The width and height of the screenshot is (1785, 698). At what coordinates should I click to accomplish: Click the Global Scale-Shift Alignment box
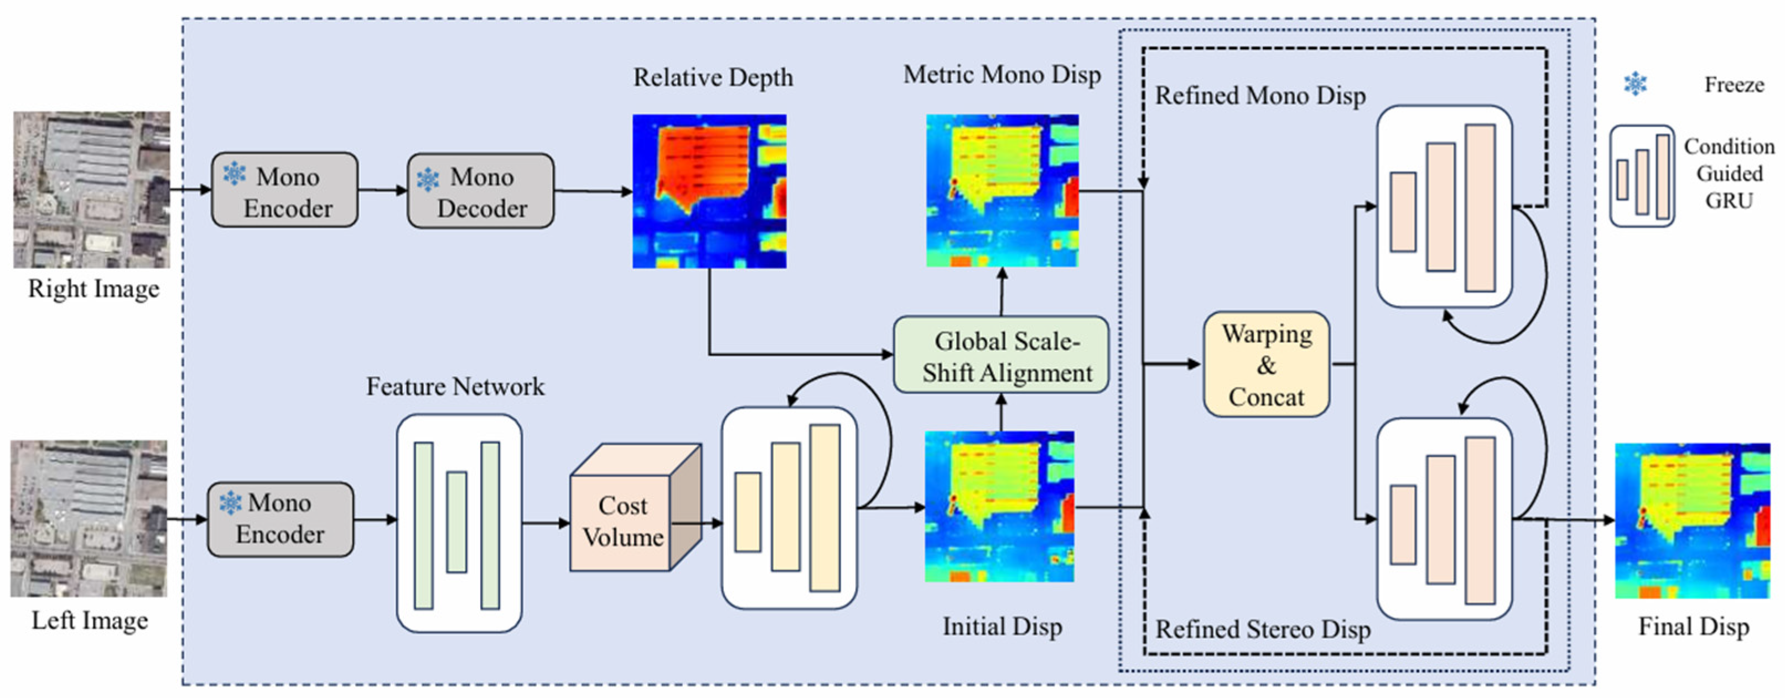coord(1000,355)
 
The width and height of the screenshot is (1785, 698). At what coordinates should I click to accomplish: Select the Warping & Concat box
coord(1266,364)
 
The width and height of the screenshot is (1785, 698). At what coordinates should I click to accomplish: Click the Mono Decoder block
coord(481,191)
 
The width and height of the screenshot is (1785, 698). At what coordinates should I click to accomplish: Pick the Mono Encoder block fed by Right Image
coord(285,190)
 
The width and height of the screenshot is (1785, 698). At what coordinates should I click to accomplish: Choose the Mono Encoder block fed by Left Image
coord(281,519)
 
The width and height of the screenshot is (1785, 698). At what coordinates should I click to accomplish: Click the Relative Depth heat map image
coord(709,191)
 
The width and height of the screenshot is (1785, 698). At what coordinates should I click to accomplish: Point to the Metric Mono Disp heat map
coord(1002,191)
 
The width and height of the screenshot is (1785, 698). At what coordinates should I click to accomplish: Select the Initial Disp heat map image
coord(999,507)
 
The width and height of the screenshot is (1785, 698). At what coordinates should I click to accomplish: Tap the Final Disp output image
coord(1692,520)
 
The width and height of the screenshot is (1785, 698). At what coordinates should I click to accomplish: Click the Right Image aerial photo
coord(91,190)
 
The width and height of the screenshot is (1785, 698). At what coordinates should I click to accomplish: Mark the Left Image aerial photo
coord(89,519)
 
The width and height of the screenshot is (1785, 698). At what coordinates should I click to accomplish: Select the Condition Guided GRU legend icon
coord(1642,176)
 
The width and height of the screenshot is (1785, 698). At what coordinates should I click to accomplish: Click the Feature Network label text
coord(455,387)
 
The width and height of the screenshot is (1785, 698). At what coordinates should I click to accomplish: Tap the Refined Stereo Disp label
coord(1263,629)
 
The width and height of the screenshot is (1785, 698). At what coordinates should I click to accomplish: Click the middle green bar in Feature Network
coord(456,522)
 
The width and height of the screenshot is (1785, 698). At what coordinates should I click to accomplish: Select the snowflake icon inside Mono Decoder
coord(428,179)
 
